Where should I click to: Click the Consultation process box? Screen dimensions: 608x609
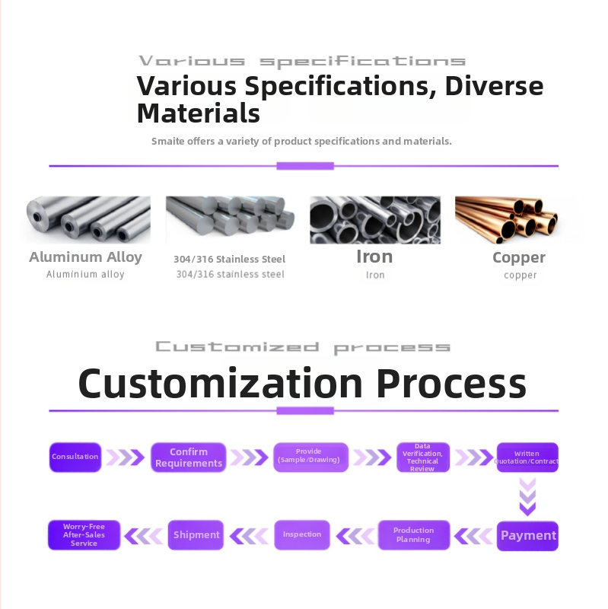pos(75,458)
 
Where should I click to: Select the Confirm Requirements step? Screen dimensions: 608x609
pos(188,458)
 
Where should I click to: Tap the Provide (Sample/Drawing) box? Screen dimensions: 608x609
pos(310,458)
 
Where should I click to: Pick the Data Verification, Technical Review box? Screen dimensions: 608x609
pos(423,458)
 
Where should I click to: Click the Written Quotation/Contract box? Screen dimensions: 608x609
pos(527,458)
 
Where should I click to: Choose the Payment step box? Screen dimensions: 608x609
pos(527,536)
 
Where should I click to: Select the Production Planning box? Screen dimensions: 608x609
pos(414,535)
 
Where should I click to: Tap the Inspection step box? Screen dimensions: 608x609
pos(302,535)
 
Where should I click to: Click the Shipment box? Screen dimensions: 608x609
pos(196,535)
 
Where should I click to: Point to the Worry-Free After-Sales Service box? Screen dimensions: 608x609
pos(84,535)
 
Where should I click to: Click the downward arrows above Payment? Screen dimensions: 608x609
pos(527,497)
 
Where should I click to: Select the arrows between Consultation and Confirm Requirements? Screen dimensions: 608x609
pos(125,458)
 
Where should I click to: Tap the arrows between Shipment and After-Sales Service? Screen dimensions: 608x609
pos(144,536)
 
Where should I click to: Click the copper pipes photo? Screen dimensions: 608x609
pos(507,220)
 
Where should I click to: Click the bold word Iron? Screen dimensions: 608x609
pos(374,257)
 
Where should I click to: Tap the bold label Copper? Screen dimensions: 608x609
pos(519,258)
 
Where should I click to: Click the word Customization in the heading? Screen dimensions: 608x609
pos(221,384)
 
